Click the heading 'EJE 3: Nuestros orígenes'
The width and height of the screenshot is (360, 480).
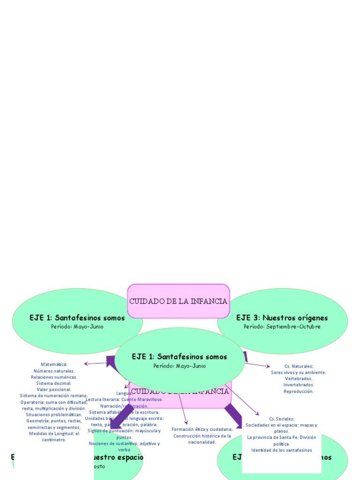point(282,318)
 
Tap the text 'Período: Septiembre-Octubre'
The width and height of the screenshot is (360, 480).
point(282,327)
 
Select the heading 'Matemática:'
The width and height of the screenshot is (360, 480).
point(54,364)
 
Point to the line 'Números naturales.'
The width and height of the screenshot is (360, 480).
point(54,371)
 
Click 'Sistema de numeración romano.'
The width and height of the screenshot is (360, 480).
point(54,396)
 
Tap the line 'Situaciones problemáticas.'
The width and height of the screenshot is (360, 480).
point(54,414)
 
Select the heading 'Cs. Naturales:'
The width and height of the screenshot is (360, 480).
point(299,366)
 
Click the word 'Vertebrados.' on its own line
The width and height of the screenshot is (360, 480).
point(299,378)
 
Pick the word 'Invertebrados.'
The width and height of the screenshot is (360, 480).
point(299,385)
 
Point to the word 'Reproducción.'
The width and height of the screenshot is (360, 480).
point(299,391)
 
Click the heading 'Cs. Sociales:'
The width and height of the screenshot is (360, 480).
point(282,419)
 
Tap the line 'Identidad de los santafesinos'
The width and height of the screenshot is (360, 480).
point(282,450)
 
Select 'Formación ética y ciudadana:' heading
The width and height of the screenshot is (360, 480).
point(202,429)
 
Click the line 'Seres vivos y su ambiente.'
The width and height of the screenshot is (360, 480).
point(299,372)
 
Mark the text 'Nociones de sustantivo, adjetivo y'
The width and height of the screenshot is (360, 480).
point(124,443)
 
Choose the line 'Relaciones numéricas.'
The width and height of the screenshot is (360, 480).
point(54,377)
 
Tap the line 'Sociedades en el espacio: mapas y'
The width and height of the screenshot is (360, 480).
point(282,425)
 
